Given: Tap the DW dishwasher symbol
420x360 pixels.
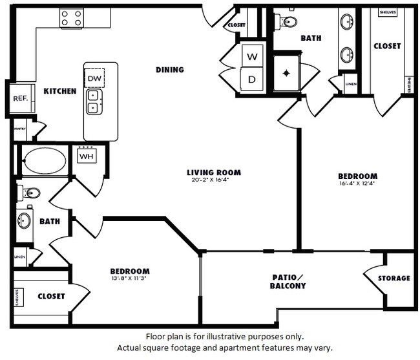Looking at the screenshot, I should tap(94, 78).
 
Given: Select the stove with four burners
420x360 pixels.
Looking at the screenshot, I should tap(72, 18).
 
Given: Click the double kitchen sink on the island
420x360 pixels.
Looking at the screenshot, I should tap(94, 101).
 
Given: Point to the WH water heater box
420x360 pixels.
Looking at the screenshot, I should tap(87, 155).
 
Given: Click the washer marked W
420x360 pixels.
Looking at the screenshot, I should tap(251, 57).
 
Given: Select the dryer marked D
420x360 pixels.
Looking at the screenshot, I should tap(251, 80).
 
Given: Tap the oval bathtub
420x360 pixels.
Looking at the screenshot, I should tap(44, 161).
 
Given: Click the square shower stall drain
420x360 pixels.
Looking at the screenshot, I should tap(286, 73).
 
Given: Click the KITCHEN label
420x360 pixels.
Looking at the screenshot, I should tap(60, 92).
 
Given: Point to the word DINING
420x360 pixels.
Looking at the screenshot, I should tap(170, 70).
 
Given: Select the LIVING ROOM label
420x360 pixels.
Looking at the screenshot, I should tap(213, 173).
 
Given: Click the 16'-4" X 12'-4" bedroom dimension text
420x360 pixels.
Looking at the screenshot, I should tap(357, 183).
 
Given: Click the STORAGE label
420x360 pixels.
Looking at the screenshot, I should tap(394, 278).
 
